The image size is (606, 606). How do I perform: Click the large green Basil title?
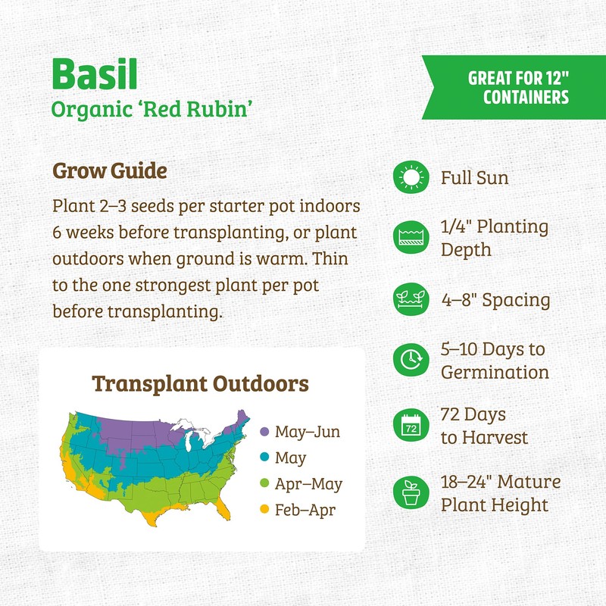point(96,73)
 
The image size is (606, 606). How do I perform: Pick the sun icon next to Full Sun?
point(411,178)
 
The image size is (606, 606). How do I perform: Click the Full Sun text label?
point(475,179)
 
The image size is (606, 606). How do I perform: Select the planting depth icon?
point(411,238)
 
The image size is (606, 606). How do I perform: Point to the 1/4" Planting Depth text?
point(494,238)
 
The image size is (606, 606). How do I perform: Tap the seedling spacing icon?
point(411,299)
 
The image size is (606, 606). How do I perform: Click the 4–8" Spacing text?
point(495,300)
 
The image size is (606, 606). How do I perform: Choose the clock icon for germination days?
point(411,361)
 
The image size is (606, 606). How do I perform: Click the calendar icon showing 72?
point(411,426)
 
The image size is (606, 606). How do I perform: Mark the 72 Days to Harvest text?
point(484,426)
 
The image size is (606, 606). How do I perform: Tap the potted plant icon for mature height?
point(411,493)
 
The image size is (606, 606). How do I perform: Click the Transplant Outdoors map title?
point(201,383)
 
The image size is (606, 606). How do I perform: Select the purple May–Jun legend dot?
point(264,432)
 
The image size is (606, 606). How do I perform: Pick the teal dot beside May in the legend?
point(264,458)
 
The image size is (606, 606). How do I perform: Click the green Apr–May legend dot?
point(264,484)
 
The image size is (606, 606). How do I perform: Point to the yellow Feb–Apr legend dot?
point(264,510)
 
